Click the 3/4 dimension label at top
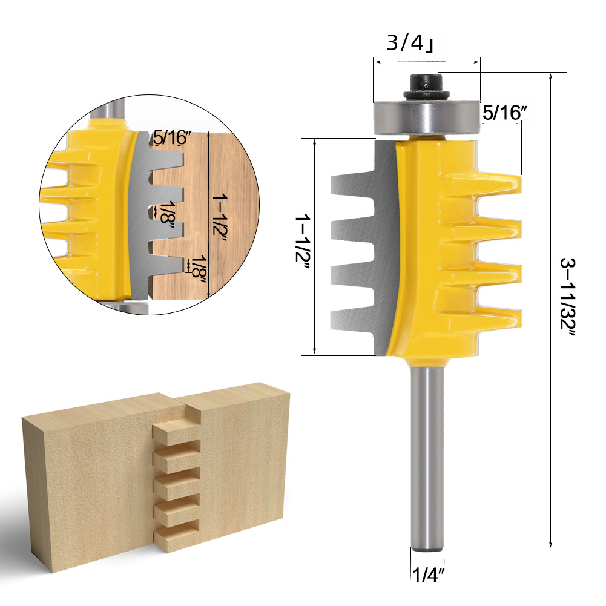pos(410,44)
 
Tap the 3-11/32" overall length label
pos(568,298)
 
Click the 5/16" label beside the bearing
pos(505,113)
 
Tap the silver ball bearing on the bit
pos(427,117)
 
